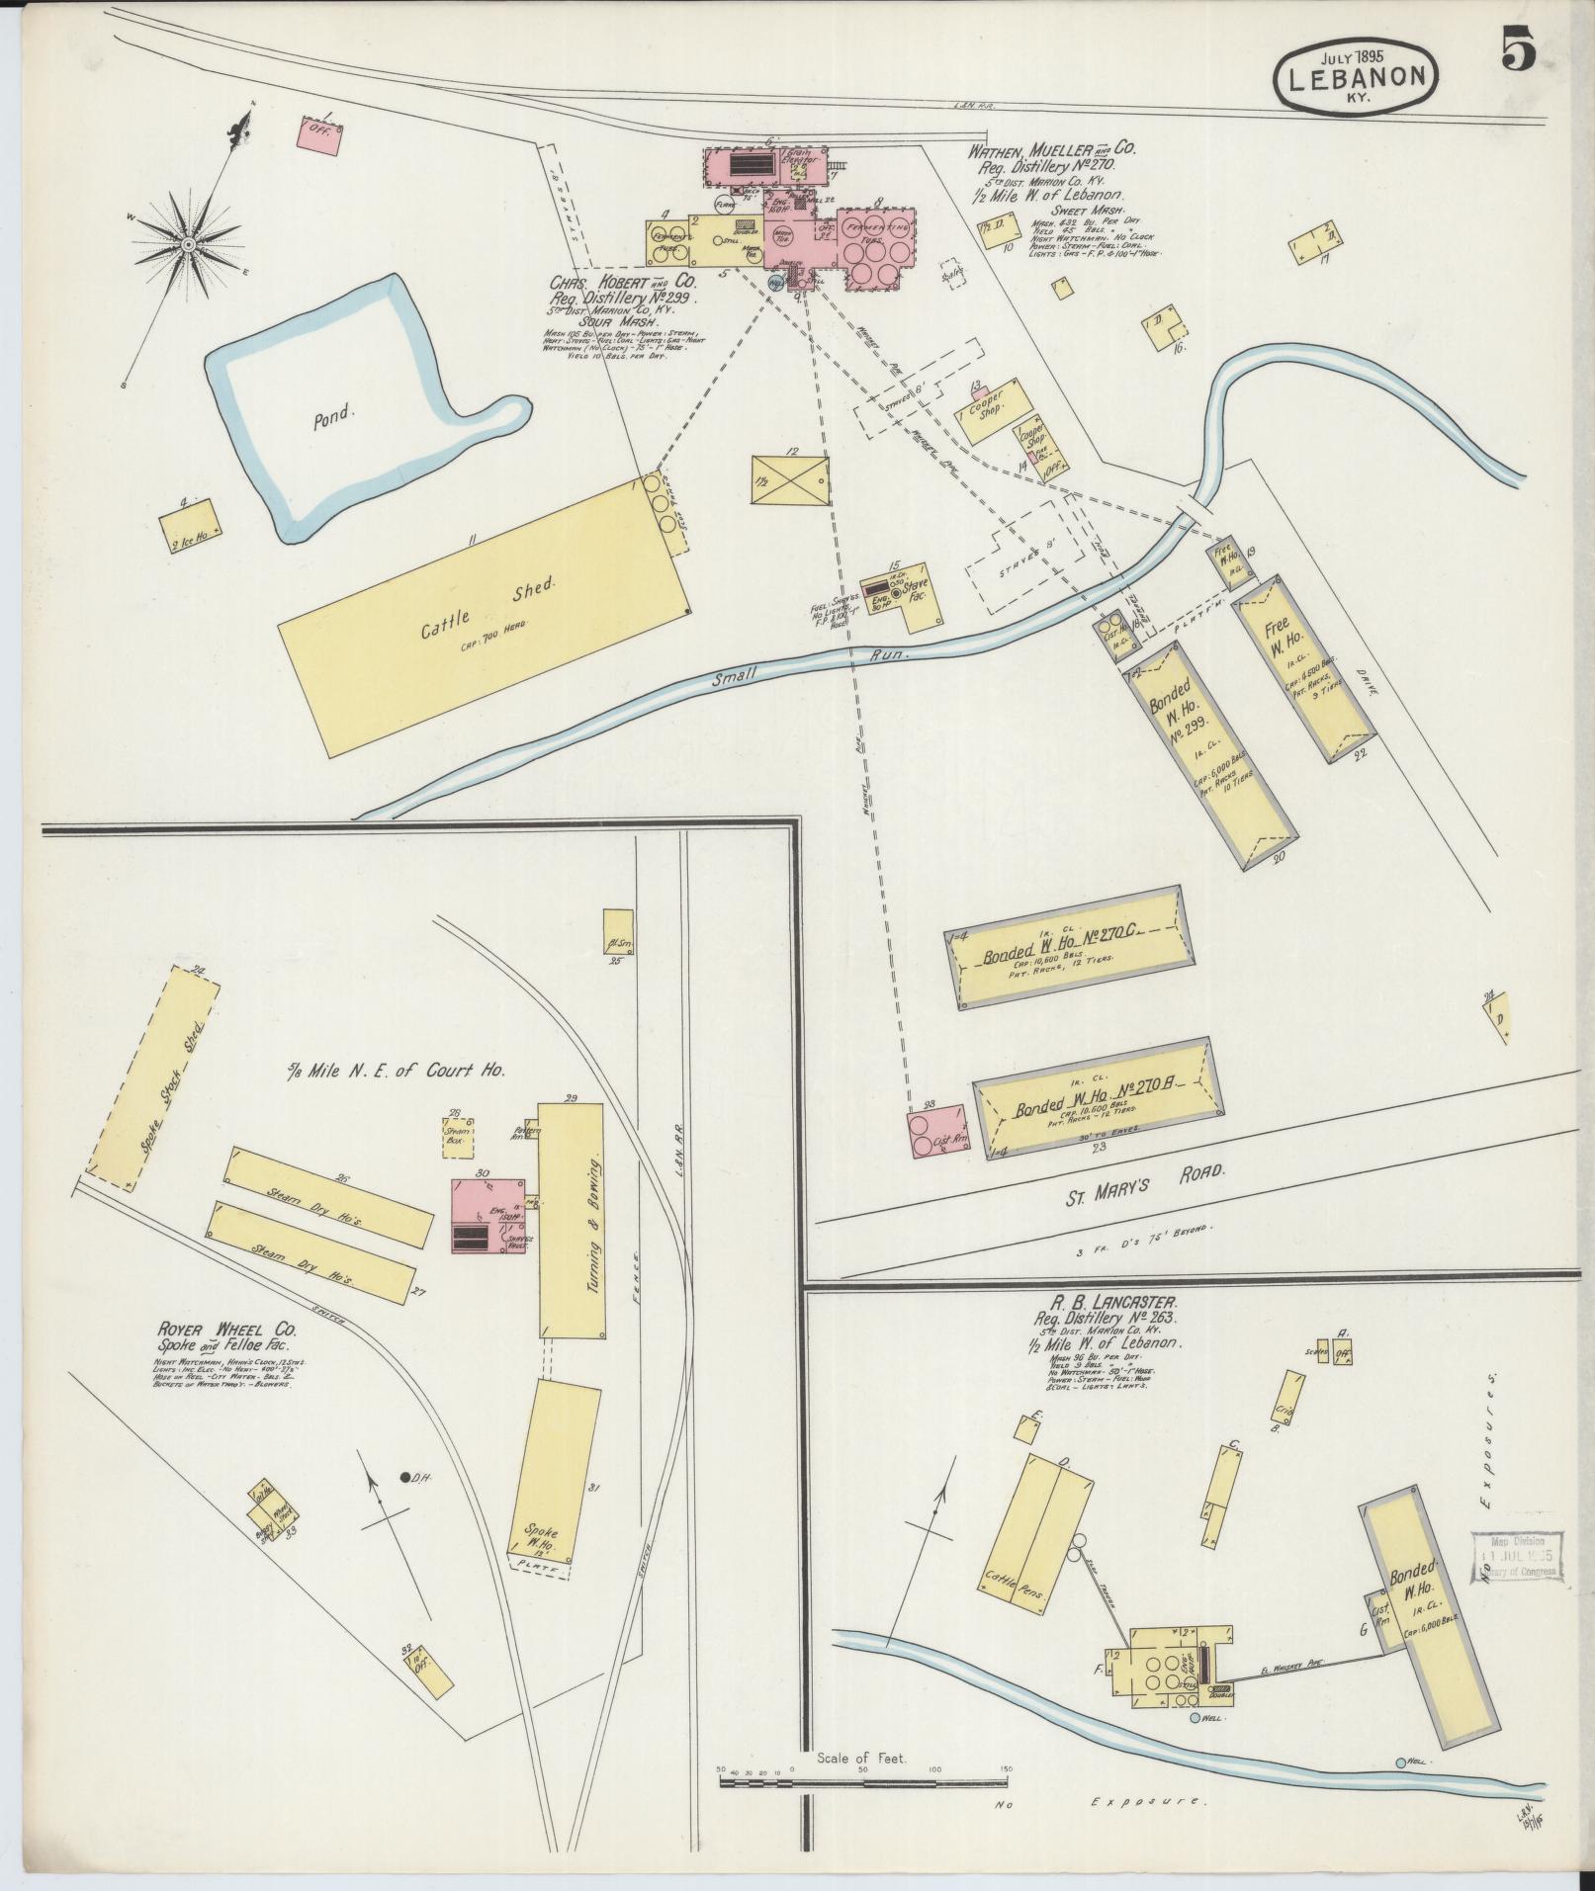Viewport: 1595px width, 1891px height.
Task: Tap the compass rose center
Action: tap(187, 243)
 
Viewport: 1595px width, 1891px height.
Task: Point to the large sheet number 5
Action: tap(1518, 49)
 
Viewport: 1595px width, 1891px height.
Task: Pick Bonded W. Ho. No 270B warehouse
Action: tap(1098, 1099)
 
